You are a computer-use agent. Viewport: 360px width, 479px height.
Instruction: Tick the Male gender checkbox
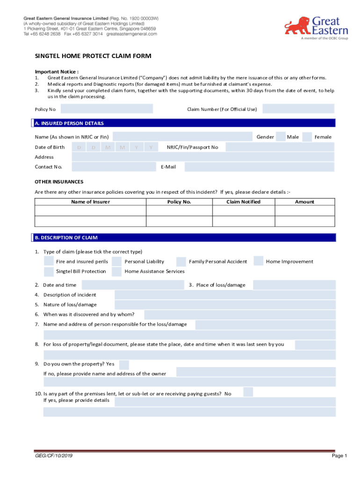click(281, 137)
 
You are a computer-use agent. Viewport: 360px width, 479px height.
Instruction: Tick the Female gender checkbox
click(307, 137)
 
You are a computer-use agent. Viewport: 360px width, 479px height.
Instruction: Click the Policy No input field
click(107, 109)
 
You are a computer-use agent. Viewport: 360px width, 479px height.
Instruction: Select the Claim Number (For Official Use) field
click(298, 109)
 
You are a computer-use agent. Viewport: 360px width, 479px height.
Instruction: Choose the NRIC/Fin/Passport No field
click(280, 147)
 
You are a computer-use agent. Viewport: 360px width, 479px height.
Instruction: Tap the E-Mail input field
click(259, 167)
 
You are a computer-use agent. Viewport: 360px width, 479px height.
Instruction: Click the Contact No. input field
click(113, 167)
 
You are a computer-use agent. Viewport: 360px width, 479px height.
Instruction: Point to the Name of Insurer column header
click(90, 202)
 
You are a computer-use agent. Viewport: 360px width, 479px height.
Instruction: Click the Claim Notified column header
click(243, 202)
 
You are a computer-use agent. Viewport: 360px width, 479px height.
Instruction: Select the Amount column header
click(304, 202)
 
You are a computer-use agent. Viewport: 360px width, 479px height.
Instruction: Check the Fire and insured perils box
click(49, 261)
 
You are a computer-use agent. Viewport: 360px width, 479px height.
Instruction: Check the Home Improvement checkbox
click(259, 261)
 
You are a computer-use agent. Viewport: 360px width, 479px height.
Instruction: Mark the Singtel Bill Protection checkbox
click(49, 271)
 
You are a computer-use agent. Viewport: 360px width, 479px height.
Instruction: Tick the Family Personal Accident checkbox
click(181, 261)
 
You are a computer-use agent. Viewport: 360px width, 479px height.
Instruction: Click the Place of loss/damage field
click(295, 285)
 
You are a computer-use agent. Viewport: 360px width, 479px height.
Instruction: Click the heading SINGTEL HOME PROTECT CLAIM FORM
click(93, 57)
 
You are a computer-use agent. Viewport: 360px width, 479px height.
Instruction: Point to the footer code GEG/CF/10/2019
click(53, 456)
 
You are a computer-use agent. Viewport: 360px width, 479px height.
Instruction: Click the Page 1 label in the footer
click(339, 456)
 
